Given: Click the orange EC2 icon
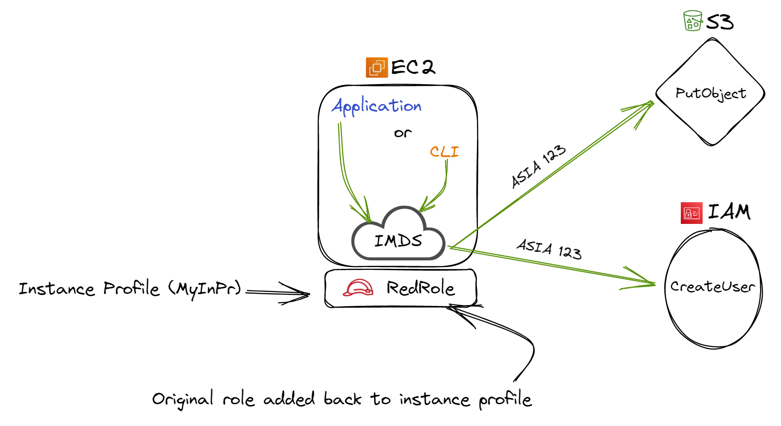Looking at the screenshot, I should [x=377, y=68].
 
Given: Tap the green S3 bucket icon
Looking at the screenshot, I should [x=692, y=21].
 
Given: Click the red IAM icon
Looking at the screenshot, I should [x=691, y=213].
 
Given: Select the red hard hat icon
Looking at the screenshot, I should [x=358, y=288].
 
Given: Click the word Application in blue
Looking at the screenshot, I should [x=377, y=106].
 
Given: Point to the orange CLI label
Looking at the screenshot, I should [x=444, y=152].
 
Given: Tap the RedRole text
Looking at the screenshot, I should [x=420, y=288].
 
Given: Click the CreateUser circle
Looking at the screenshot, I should [x=712, y=287].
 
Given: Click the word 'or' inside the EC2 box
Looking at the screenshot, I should [x=403, y=133].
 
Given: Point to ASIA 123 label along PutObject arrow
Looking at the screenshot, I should [x=538, y=166].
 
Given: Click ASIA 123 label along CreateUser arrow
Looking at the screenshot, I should [x=549, y=249].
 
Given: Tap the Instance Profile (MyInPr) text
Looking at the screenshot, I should [x=130, y=289].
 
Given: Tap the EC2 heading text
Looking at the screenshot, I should [x=413, y=67].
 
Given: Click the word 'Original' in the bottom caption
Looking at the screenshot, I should [x=183, y=399].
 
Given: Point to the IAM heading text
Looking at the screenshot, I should [x=729, y=211].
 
